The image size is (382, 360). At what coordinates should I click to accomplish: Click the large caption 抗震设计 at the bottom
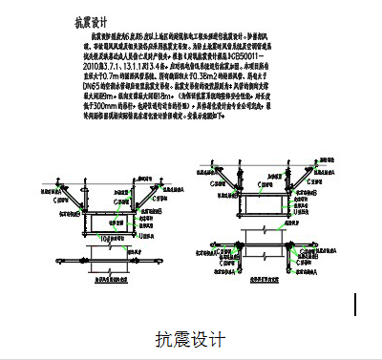(190, 340)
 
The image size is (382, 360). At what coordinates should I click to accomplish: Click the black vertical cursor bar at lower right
(356, 304)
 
